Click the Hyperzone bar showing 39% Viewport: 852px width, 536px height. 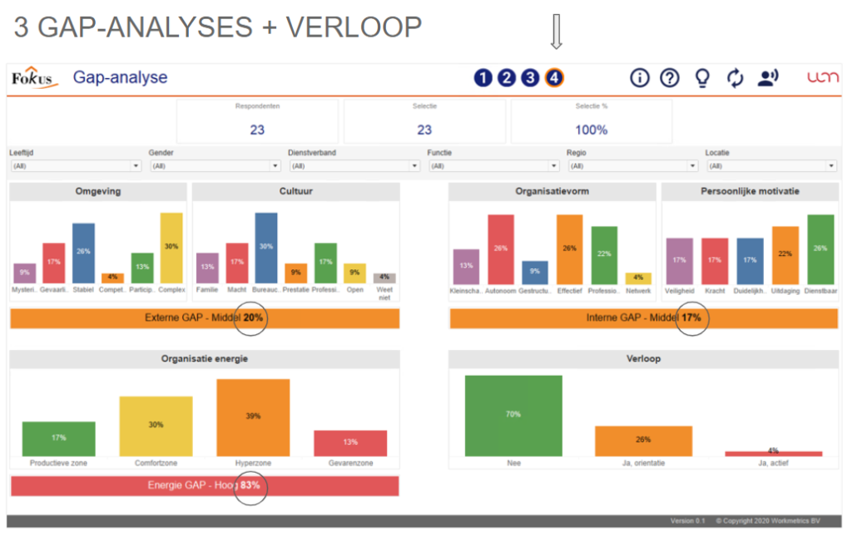(x=253, y=417)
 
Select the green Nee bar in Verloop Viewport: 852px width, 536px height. (x=513, y=416)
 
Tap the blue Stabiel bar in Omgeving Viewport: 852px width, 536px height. (x=83, y=253)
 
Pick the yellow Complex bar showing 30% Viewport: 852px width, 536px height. (x=171, y=248)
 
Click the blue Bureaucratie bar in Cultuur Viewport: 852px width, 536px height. (x=266, y=248)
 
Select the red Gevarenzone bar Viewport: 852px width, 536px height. (x=349, y=443)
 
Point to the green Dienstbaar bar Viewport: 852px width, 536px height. (x=820, y=249)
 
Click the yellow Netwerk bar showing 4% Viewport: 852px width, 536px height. (x=638, y=278)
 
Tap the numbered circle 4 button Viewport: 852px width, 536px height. (x=554, y=78)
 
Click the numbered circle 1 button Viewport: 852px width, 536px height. (x=483, y=78)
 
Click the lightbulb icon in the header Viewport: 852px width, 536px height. (x=702, y=78)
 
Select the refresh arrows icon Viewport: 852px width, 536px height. (x=735, y=78)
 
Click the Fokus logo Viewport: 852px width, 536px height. (x=32, y=78)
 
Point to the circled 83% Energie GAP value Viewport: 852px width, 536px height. (x=250, y=486)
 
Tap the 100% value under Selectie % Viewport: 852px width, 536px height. (x=591, y=130)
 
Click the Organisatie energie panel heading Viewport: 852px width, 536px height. (x=204, y=359)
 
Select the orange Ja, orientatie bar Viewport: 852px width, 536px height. (x=643, y=440)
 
